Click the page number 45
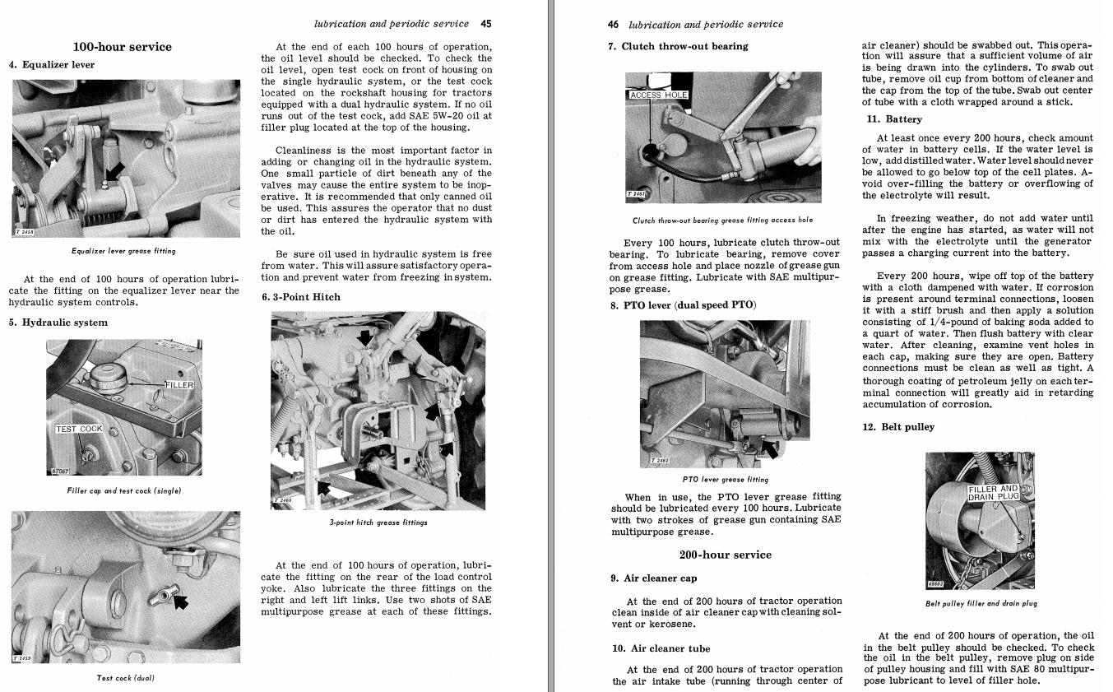pyautogui.click(x=486, y=24)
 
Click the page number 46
pyautogui.click(x=613, y=25)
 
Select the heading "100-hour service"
pyautogui.click(x=123, y=47)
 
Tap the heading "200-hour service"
pyautogui.click(x=726, y=555)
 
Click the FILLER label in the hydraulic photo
pyautogui.click(x=179, y=385)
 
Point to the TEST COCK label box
pyautogui.click(x=79, y=429)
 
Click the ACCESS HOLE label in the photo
pyautogui.click(x=658, y=95)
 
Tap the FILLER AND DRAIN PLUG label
pyautogui.click(x=993, y=493)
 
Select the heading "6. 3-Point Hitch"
pyautogui.click(x=301, y=297)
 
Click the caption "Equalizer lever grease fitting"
pyautogui.click(x=123, y=251)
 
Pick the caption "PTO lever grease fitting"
pyautogui.click(x=726, y=480)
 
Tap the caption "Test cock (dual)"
pyautogui.click(x=125, y=678)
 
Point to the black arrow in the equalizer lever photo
pyautogui.click(x=115, y=170)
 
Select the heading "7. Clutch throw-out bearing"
pyautogui.click(x=679, y=47)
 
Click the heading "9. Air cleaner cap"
pyautogui.click(x=654, y=578)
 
